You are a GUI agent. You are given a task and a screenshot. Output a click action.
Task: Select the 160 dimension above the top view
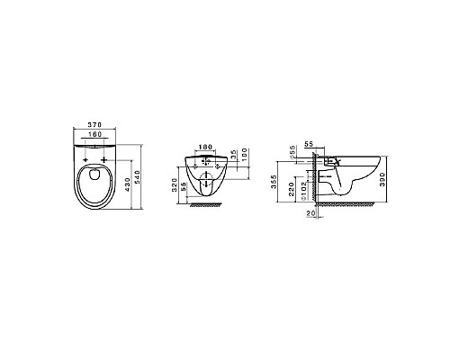pyautogui.click(x=94, y=138)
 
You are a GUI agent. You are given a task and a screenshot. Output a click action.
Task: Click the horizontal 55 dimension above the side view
pyautogui.click(x=309, y=144)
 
